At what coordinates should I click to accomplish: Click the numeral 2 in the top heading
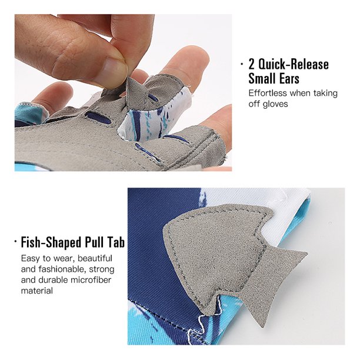[x=252, y=65]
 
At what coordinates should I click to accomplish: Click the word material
[x=36, y=291]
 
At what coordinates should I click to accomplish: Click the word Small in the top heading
[x=261, y=79]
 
